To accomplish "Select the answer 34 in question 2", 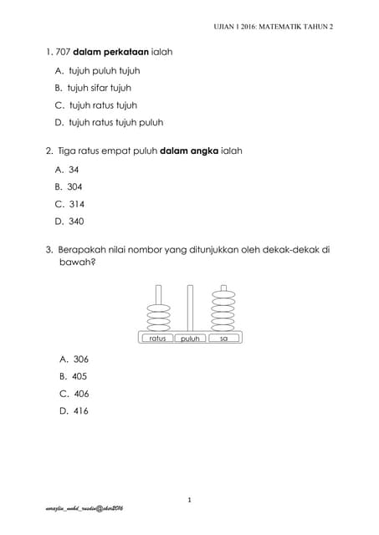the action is (74, 169).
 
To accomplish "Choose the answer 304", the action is (75, 186).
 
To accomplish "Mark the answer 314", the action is (75, 204).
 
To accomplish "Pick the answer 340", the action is (76, 222).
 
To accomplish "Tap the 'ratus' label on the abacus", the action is (157, 339).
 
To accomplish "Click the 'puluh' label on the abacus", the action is (190, 339).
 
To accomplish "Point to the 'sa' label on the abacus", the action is (223, 339).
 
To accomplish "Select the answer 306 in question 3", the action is (80, 359).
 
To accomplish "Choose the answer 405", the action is (79, 376).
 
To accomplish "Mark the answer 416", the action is (80, 410).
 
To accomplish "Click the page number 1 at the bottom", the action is (190, 500).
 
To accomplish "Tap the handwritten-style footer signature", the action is (84, 509).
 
